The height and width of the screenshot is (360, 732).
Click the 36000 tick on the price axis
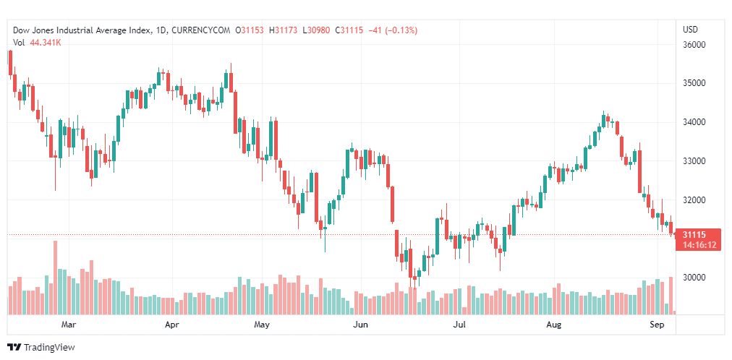pyautogui.click(x=694, y=46)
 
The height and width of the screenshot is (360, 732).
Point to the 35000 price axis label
pyautogui.click(x=694, y=83)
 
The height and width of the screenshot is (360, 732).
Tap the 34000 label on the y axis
pyautogui.click(x=694, y=122)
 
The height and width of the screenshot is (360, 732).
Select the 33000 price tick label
pyautogui.click(x=694, y=161)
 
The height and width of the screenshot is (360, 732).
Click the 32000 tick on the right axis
pyautogui.click(x=694, y=200)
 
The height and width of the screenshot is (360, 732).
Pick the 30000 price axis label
pyautogui.click(x=694, y=278)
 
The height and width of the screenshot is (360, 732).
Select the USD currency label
pyautogui.click(x=691, y=30)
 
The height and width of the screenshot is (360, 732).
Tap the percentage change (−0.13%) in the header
pyautogui.click(x=400, y=30)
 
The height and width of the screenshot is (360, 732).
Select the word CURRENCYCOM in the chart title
pyautogui.click(x=201, y=30)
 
